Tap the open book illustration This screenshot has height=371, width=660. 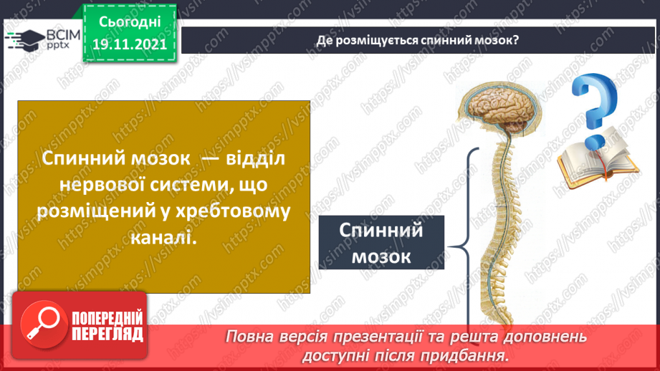pyautogui.click(x=584, y=163)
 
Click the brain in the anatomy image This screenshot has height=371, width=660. pyautogui.click(x=494, y=107)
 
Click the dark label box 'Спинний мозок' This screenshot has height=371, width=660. pyautogui.click(x=381, y=244)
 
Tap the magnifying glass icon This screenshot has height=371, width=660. pyautogui.click(x=42, y=326)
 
